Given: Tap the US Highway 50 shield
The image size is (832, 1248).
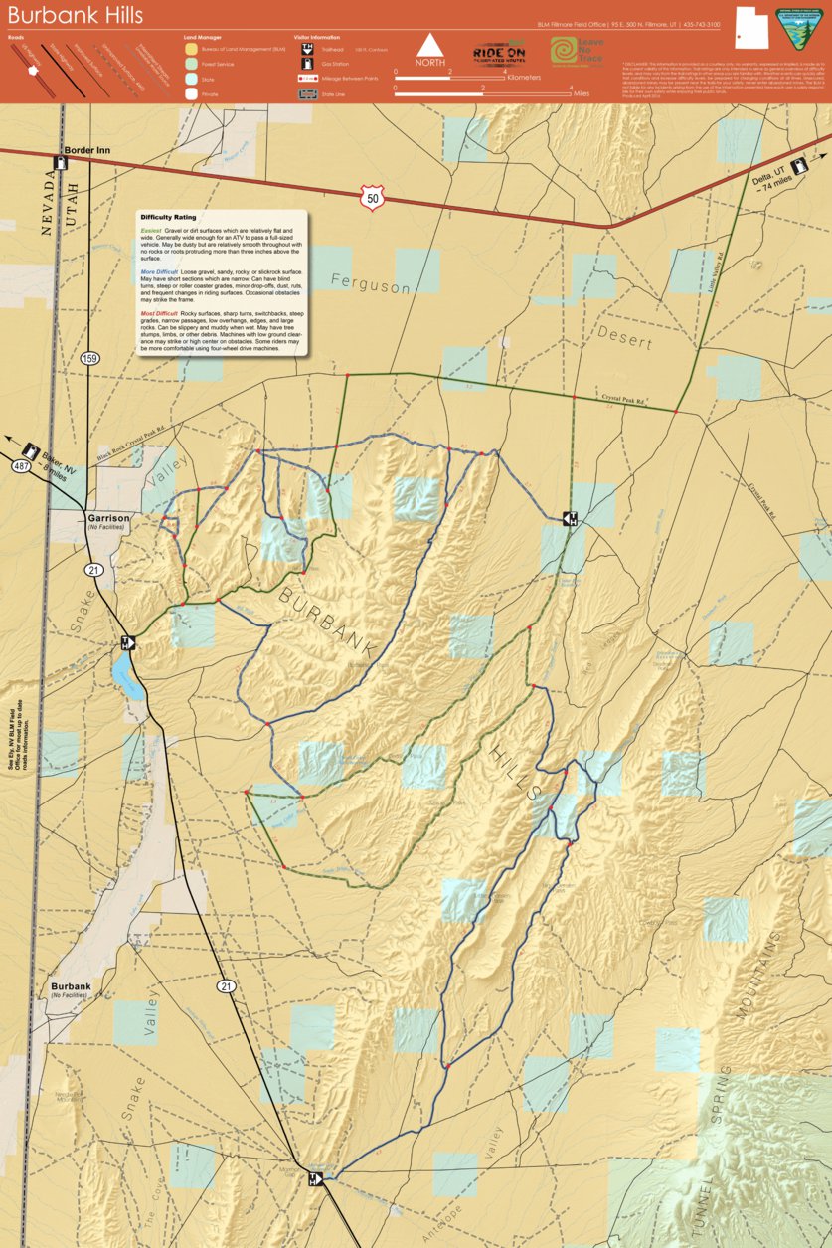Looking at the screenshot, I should (x=371, y=197).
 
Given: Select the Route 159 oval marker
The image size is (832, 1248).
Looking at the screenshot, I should (x=90, y=357).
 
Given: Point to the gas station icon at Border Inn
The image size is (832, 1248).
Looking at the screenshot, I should (x=61, y=164).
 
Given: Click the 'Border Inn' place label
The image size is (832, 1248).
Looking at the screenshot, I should (x=86, y=151).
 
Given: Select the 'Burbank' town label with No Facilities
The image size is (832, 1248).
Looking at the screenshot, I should (x=71, y=987).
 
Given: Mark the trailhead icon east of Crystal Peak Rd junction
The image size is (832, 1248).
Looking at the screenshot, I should (x=571, y=518).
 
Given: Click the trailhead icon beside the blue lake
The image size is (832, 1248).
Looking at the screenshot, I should (x=127, y=642).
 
